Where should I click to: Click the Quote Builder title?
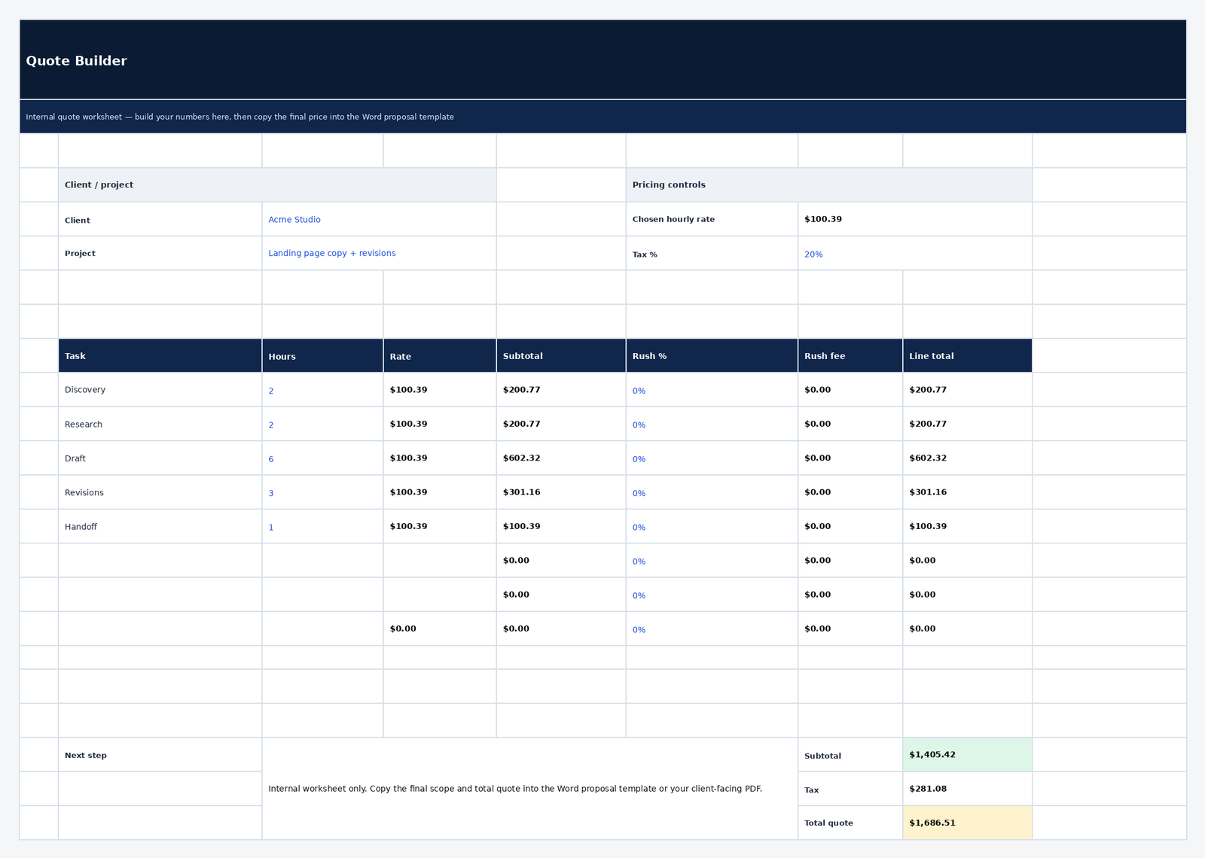coord(76,61)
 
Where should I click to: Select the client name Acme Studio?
coord(294,220)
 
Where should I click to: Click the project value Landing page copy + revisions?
coord(332,254)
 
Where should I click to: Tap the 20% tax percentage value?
coord(813,254)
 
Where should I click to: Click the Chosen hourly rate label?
coord(673,220)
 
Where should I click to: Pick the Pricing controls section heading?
coord(669,185)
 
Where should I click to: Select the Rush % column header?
coord(649,356)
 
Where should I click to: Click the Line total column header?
coord(931,356)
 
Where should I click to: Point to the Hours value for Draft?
coord(271,459)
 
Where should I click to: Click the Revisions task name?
coord(84,493)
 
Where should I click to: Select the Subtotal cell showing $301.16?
coord(521,492)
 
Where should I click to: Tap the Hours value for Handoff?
coord(271,528)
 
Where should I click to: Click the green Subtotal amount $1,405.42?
coord(932,755)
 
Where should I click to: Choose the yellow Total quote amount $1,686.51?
coord(932,823)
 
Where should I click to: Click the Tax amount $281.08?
coord(928,789)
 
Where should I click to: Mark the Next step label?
coord(86,756)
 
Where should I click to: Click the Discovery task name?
coord(85,390)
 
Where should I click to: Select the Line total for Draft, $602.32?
coord(928,458)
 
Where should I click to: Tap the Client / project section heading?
coord(99,185)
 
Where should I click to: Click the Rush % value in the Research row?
coord(639,425)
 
